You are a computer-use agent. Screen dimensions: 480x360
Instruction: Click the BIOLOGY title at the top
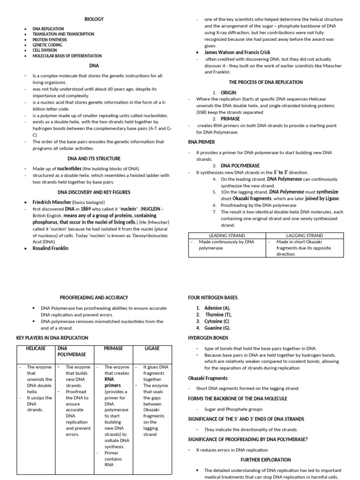pyautogui.click(x=94, y=19)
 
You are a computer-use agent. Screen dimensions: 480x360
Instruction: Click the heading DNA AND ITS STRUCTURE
pyautogui.click(x=94, y=158)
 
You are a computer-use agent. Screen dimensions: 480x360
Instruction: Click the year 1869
pyautogui.click(x=84, y=209)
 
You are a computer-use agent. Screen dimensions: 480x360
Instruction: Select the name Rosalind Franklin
pyautogui.click(x=50, y=248)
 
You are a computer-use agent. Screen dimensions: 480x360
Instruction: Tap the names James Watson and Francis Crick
pyautogui.click(x=237, y=52)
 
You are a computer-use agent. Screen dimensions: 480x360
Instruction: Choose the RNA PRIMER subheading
pyautogui.click(x=201, y=142)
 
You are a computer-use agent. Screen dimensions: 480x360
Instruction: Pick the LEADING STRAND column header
pyautogui.click(x=226, y=235)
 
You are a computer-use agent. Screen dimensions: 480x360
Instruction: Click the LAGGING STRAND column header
pyautogui.click(x=304, y=235)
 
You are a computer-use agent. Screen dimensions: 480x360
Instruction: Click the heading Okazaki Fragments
pyautogui.click(x=208, y=378)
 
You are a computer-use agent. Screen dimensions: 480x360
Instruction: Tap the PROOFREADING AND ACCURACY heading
pyautogui.click(x=94, y=297)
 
